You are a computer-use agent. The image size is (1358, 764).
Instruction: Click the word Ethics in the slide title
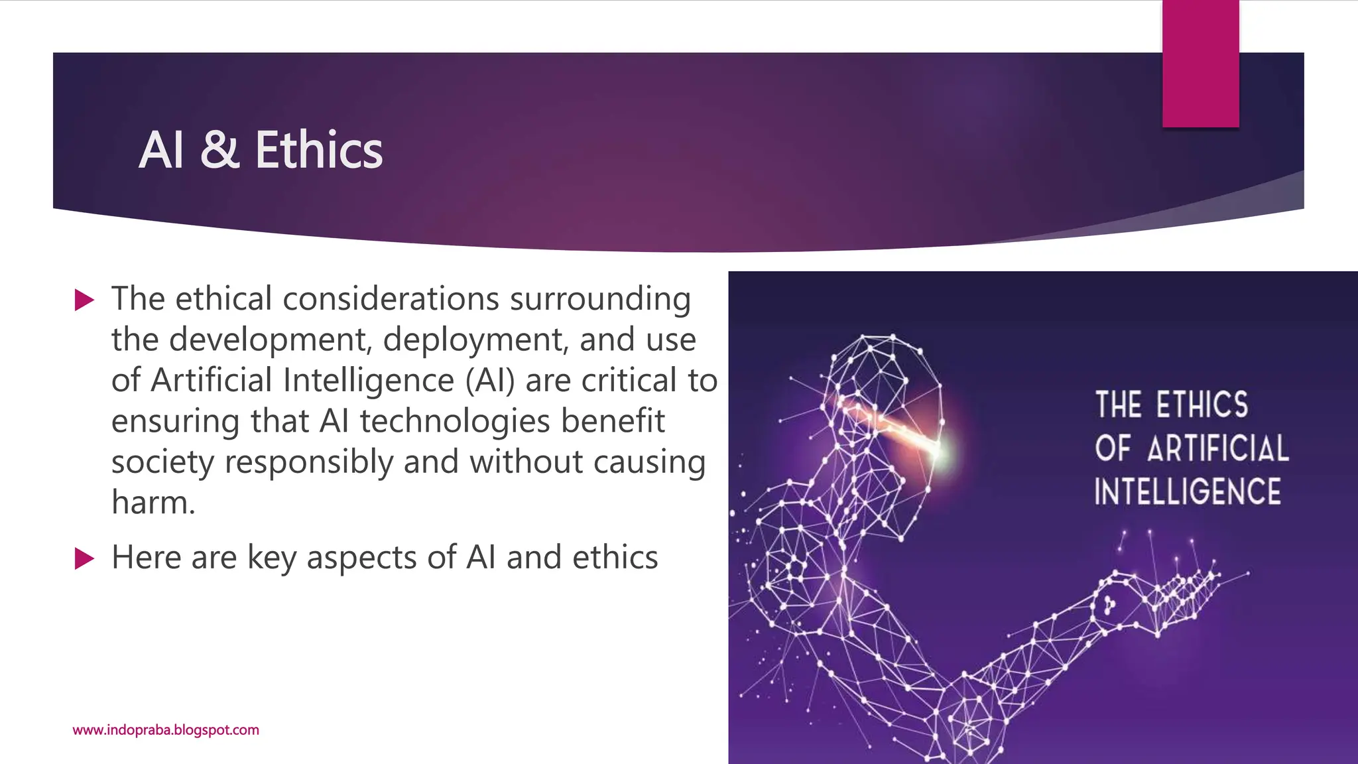tap(318, 150)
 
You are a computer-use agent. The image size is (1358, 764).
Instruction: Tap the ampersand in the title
tap(219, 150)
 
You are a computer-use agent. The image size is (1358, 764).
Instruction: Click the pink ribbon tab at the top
tap(1200, 64)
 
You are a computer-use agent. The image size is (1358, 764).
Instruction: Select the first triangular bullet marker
tap(84, 300)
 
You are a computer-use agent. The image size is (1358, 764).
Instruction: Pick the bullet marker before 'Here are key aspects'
tap(84, 558)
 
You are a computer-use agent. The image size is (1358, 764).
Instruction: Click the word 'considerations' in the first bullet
tap(391, 298)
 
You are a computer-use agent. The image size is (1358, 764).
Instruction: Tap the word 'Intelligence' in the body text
tap(369, 381)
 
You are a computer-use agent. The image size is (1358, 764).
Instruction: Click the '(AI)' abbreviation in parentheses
tap(490, 381)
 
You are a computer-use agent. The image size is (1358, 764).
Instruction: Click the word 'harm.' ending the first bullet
tap(153, 503)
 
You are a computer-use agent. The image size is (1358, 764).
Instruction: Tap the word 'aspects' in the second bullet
tap(361, 558)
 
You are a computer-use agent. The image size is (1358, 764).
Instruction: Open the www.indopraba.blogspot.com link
tap(166, 730)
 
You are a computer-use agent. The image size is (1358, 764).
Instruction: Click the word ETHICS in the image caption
tap(1202, 405)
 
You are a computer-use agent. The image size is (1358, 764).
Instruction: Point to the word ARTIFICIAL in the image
tap(1218, 448)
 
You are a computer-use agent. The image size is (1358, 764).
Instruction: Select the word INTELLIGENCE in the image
tap(1187, 492)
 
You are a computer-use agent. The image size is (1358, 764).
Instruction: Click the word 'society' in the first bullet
tap(162, 462)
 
